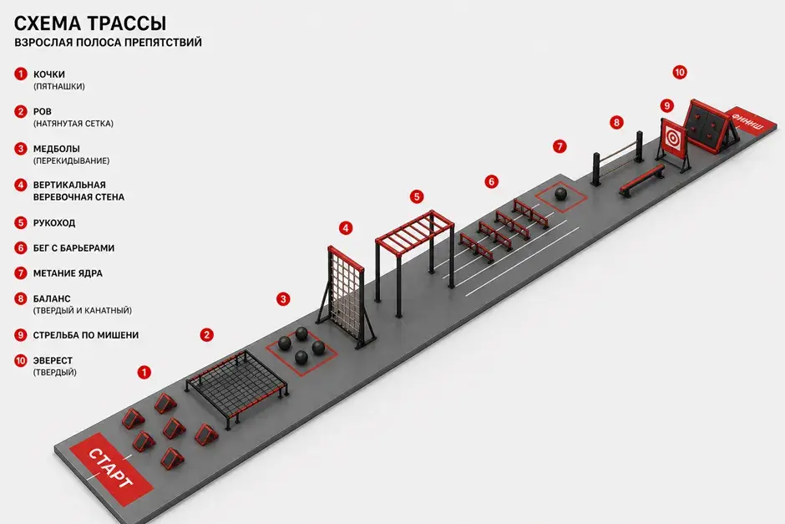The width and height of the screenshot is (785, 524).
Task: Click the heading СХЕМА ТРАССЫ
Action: tap(90, 23)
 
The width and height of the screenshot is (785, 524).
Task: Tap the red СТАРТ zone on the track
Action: tap(110, 468)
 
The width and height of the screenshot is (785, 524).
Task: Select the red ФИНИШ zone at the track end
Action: tap(747, 122)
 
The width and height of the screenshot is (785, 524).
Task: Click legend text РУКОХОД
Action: tap(54, 223)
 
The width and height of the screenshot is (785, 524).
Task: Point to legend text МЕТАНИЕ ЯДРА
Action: tap(68, 273)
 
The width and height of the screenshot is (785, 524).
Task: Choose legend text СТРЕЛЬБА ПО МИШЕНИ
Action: tap(86, 335)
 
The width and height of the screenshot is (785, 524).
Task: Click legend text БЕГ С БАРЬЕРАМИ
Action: tap(73, 248)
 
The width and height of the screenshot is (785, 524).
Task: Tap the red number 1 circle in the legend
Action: tap(21, 74)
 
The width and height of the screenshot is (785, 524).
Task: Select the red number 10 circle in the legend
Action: tap(21, 360)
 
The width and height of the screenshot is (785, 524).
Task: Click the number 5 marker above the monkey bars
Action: tap(417, 197)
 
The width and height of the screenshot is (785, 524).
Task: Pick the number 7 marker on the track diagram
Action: tap(560, 147)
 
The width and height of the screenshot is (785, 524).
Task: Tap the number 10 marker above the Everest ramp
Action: tap(680, 73)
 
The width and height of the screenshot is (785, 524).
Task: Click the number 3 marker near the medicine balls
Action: tap(283, 299)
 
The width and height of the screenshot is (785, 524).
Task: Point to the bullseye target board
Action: tap(672, 137)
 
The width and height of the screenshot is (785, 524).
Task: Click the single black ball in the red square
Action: tap(561, 194)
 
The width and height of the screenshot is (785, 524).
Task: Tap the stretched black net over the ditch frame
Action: tap(237, 384)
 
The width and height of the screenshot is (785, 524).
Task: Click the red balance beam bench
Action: tap(642, 180)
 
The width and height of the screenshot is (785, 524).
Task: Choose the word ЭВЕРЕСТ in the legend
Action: tap(53, 361)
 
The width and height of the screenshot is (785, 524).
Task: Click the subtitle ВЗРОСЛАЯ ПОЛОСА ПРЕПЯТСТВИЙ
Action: tap(108, 43)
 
